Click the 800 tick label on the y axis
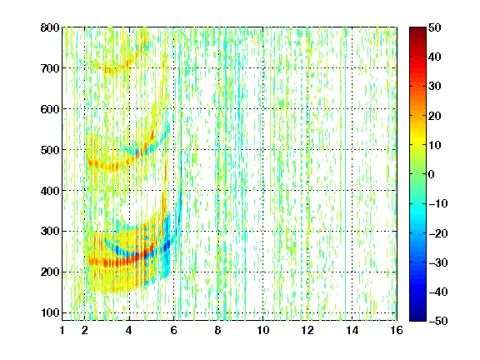pos(50,27)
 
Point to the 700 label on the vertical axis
pos(50,68)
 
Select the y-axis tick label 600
pos(50,109)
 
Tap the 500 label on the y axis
pos(50,150)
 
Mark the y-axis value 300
pos(50,232)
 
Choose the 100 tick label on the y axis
pos(50,312)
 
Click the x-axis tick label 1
pos(62,330)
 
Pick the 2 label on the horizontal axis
pos(85,330)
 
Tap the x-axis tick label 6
pos(174,330)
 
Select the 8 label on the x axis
pos(218,330)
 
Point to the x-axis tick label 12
pos(307,330)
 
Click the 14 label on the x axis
pos(352,330)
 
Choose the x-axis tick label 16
pos(397,330)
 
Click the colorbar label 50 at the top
pos(435,27)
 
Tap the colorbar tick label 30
pos(435,86)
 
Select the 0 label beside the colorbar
pos(432,174)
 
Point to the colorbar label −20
pos(438,233)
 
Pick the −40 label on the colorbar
pos(438,292)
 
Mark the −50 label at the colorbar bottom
pos(438,321)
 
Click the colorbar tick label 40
pos(435,57)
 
